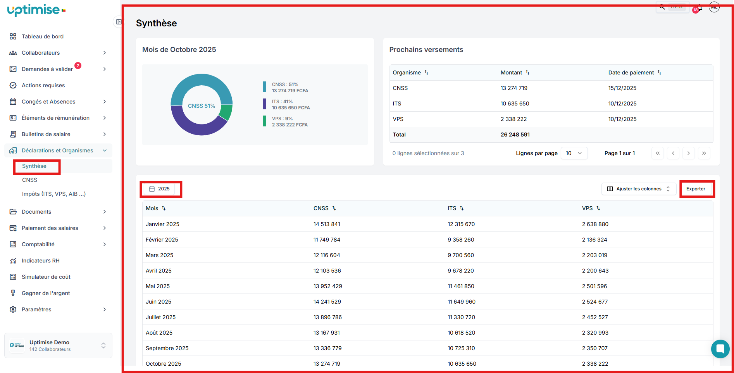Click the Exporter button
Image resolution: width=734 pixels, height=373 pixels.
[696, 189]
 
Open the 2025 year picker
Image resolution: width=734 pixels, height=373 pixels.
[160, 189]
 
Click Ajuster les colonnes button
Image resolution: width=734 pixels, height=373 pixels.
[638, 189]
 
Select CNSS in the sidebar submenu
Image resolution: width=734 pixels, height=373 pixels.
[30, 180]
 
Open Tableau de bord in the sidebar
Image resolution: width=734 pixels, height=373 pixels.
[42, 36]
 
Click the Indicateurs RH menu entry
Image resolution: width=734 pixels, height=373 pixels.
[40, 261]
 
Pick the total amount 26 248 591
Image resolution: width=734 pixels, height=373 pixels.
[515, 135]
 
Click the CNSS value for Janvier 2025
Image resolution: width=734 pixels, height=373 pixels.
[327, 224]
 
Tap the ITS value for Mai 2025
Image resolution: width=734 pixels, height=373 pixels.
[461, 286]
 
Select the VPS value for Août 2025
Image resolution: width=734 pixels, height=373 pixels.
[595, 333]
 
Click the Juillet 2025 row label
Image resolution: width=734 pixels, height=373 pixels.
[160, 317]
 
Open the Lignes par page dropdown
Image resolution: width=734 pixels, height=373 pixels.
[574, 153]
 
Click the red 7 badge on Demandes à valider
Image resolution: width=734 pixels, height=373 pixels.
[78, 66]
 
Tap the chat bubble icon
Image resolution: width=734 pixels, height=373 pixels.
[720, 349]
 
